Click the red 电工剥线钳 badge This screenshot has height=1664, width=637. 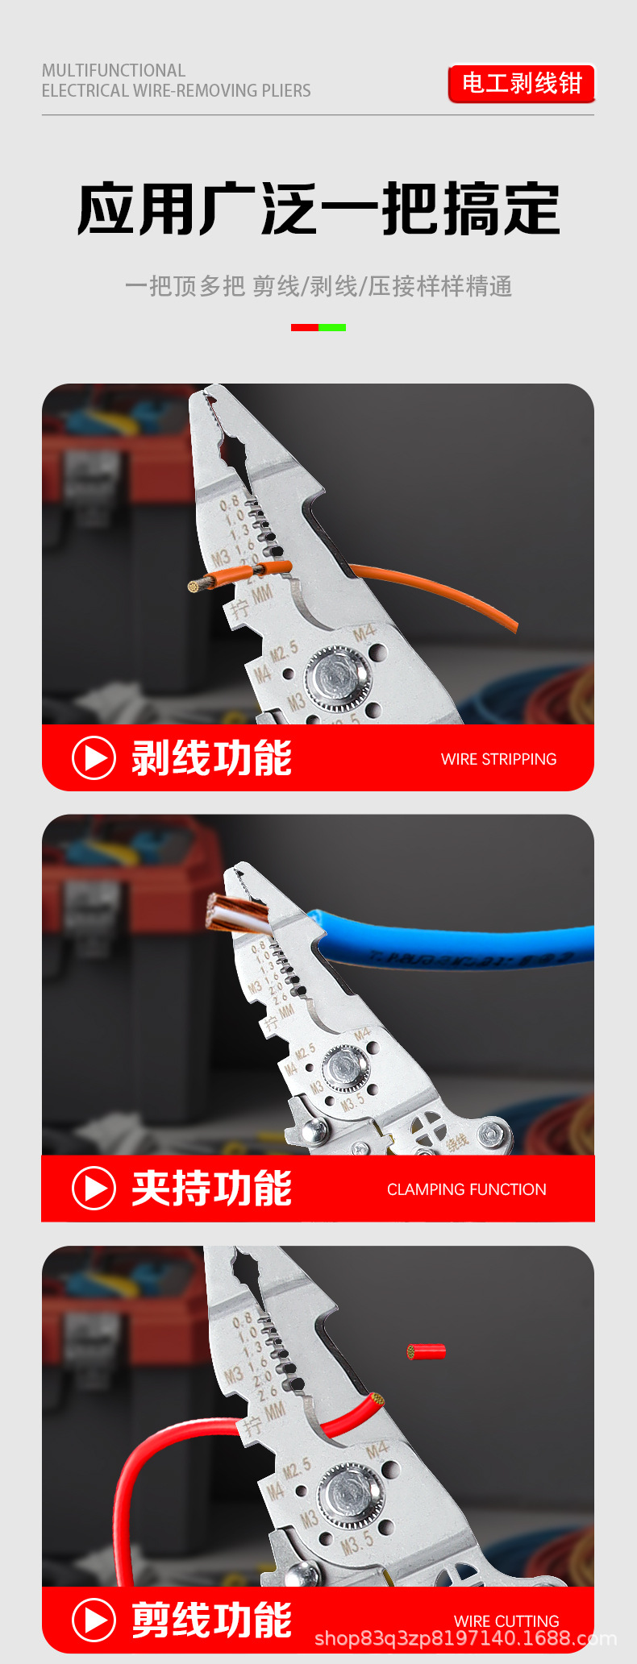coord(521,83)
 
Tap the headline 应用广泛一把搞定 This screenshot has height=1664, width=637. coord(318,210)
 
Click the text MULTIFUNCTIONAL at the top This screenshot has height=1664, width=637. coord(114,70)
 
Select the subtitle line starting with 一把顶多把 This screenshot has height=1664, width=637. coord(318,286)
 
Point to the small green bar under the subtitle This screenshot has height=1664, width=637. coord(332,327)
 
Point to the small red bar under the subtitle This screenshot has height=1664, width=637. coord(305,327)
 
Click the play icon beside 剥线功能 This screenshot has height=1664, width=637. coord(94,758)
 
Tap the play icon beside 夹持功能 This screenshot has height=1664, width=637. coord(94,1189)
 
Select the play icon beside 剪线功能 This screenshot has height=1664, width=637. coord(94,1620)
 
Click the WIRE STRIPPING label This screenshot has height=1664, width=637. coord(498,759)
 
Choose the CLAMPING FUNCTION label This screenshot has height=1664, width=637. coord(466,1189)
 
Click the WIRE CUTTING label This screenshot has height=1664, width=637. coord(506,1620)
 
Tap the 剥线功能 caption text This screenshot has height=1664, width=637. coord(211,758)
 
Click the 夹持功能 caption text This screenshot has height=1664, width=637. coord(211,1189)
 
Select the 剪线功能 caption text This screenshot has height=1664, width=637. coord(211,1620)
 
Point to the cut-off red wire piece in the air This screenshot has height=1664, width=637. coord(427,1351)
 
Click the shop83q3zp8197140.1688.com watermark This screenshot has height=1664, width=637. coord(465,1638)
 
